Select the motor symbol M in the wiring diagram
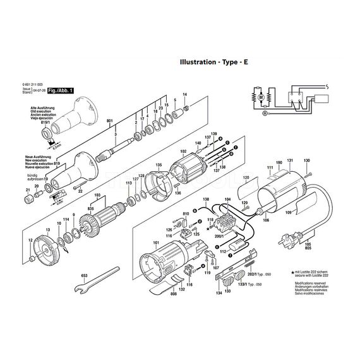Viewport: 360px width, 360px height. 260,98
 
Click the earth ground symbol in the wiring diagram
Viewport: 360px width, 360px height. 265,114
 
